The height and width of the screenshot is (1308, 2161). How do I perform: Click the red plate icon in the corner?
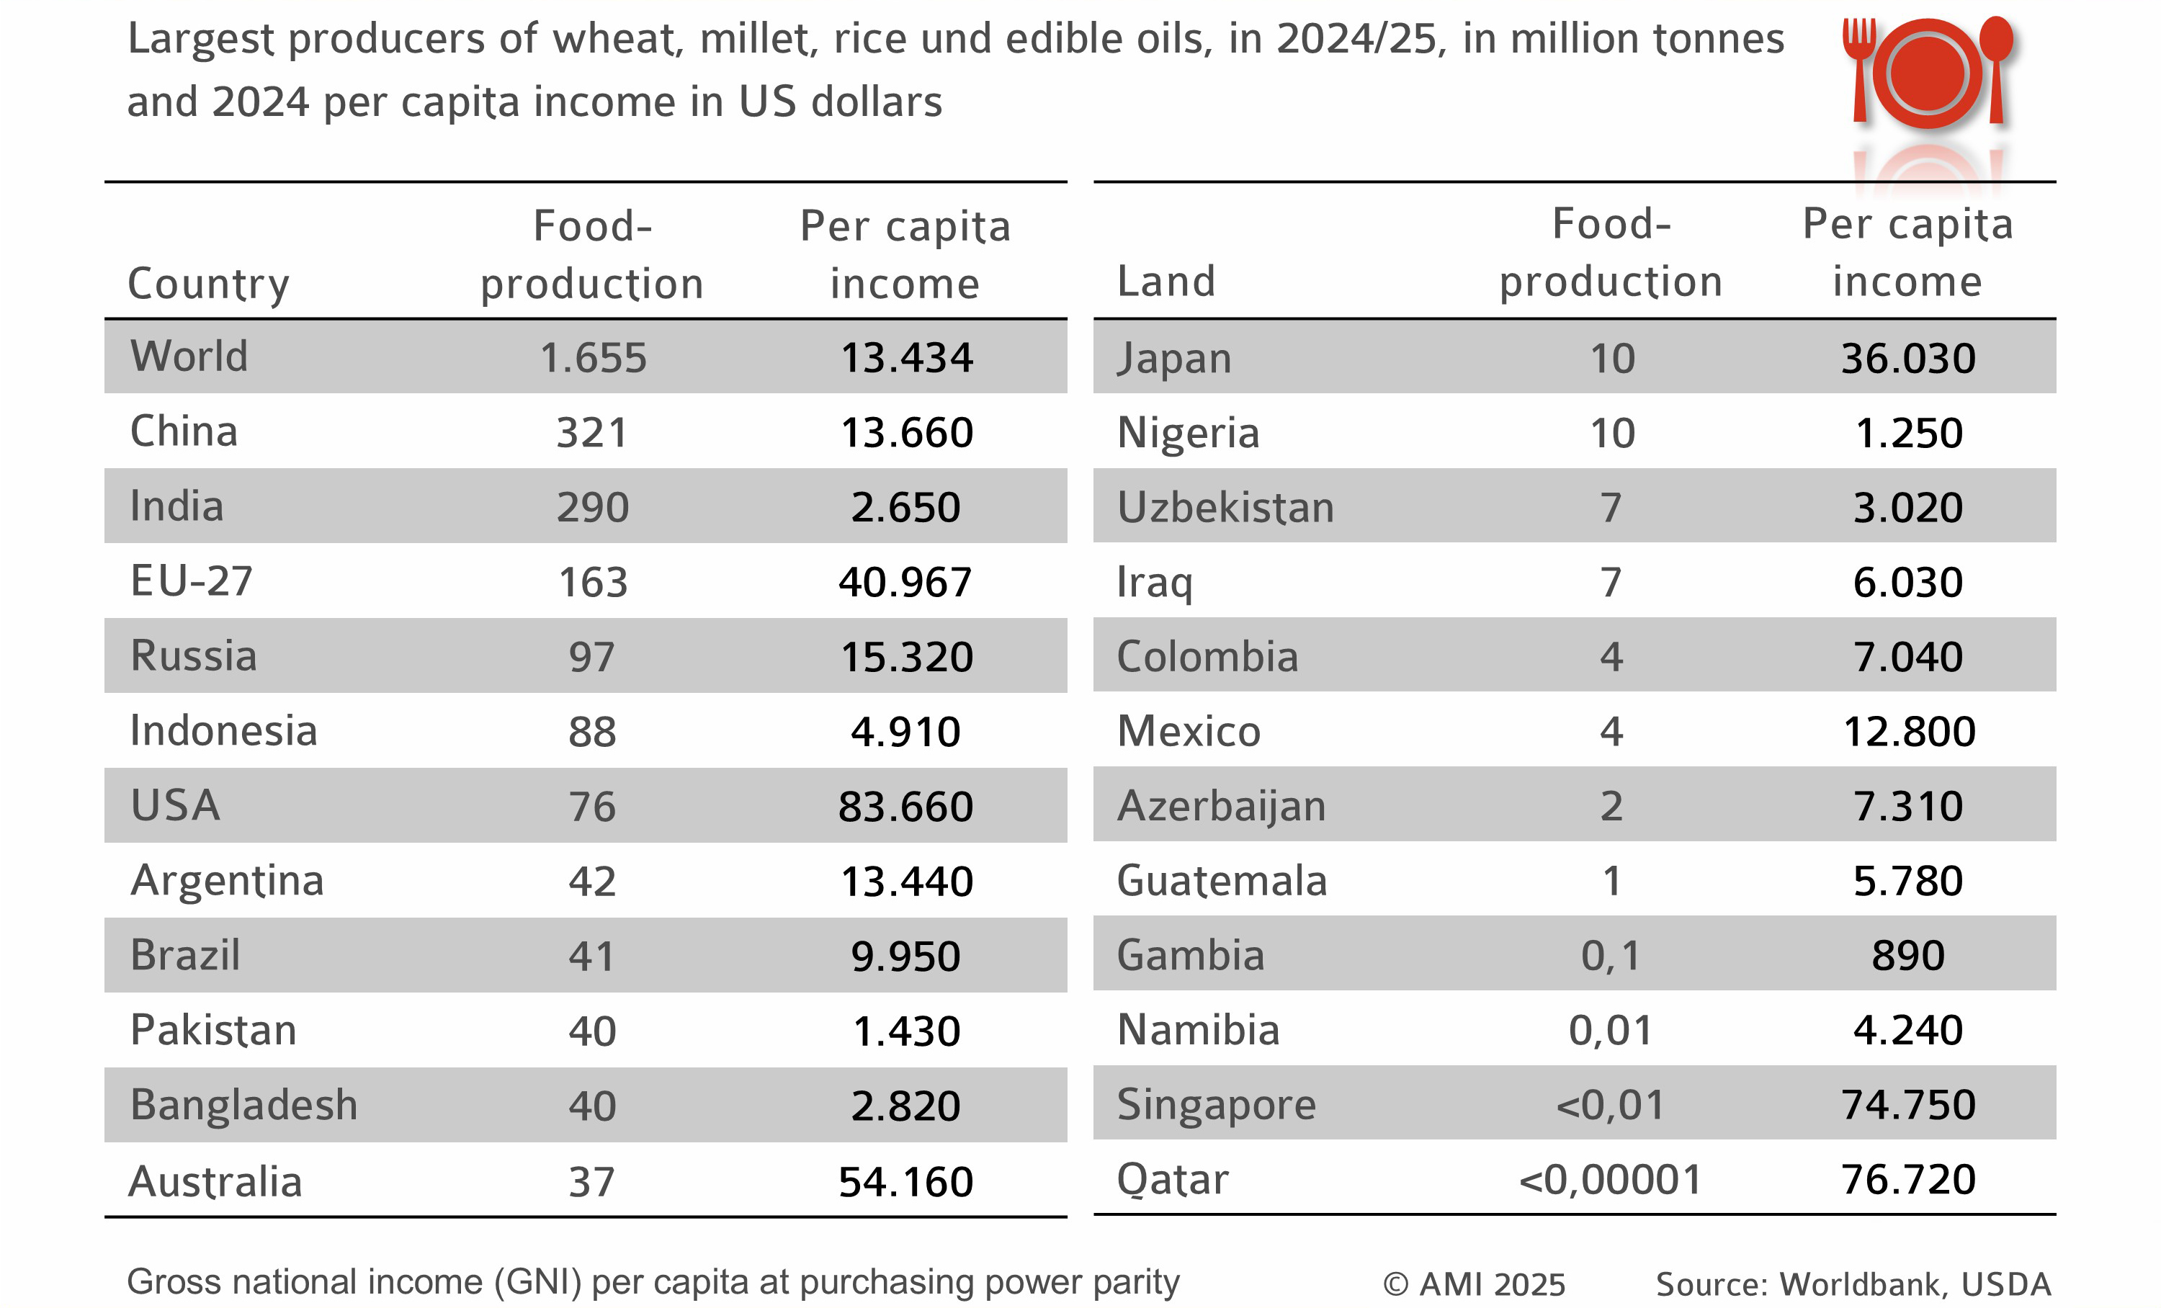1926,74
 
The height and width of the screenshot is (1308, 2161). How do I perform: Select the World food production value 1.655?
593,358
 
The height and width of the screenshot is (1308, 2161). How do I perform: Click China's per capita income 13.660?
906,432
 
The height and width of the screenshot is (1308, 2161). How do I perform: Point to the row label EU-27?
191,581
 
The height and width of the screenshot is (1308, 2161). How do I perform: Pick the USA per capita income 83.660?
906,807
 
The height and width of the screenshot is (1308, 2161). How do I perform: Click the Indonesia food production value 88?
592,732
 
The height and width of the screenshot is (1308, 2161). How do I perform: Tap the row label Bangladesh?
243,1105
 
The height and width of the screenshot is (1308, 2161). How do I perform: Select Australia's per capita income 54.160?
906,1182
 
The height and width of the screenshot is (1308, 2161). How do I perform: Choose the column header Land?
1165,282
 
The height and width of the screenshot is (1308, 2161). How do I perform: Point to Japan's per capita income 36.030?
1907,359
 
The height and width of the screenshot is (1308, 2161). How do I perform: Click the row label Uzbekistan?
1225,508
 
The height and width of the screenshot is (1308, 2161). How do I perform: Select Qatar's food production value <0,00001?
1610,1180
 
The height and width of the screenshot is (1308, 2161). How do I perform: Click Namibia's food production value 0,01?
1610,1030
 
